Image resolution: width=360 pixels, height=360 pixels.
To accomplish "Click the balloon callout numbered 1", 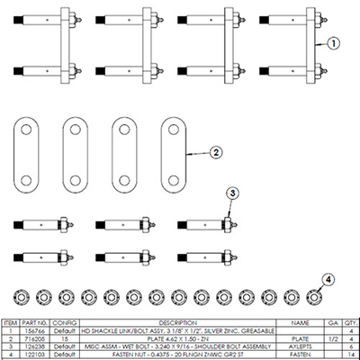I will click(330, 41).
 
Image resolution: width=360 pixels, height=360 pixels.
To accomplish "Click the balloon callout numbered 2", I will click(216, 153).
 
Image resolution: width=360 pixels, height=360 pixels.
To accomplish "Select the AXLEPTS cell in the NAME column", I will click(293, 344).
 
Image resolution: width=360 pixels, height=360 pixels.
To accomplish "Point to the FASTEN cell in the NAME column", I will click(293, 351).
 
